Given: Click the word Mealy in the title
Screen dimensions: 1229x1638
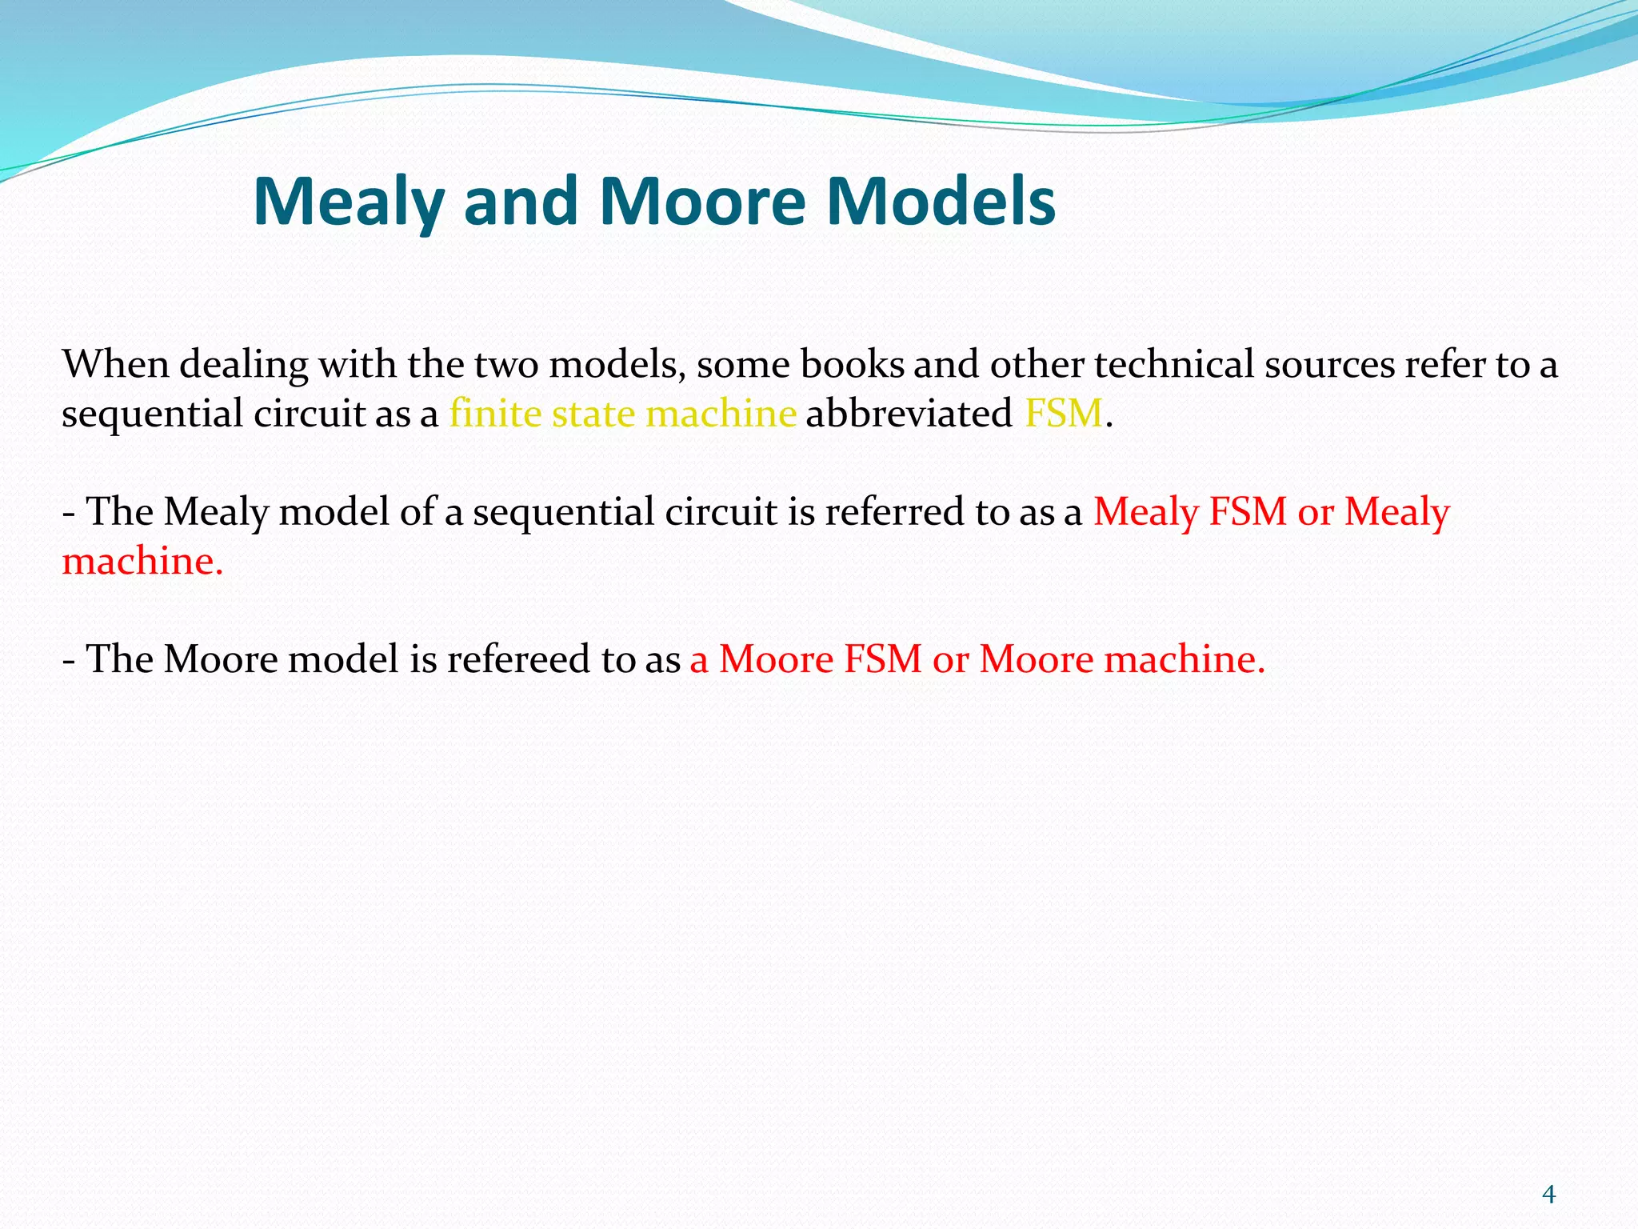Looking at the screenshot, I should click(349, 202).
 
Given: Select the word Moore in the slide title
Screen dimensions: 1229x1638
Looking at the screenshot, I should click(702, 202).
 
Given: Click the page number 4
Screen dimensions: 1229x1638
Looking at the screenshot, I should click(1548, 1195).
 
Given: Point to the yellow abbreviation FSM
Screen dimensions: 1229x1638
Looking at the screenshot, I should click(1063, 414).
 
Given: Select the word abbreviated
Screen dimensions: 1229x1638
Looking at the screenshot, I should click(909, 414).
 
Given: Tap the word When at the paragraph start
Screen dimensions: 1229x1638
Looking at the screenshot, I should click(116, 364).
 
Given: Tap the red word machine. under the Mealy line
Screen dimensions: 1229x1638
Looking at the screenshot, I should click(142, 561).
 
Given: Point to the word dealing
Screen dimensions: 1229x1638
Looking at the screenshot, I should click(243, 366).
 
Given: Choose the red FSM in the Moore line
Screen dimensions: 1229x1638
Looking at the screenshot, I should click(883, 659).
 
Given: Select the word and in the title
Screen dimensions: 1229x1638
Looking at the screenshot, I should click(520, 202).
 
